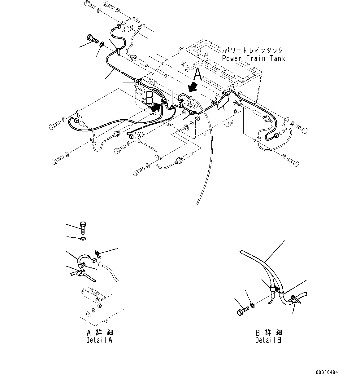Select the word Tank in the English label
(276, 58)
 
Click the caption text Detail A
(99, 340)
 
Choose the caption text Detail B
(268, 340)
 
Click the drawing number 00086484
(327, 372)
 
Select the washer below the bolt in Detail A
(83, 239)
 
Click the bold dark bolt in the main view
(92, 40)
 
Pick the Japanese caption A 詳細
(100, 333)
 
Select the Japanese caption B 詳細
(268, 333)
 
